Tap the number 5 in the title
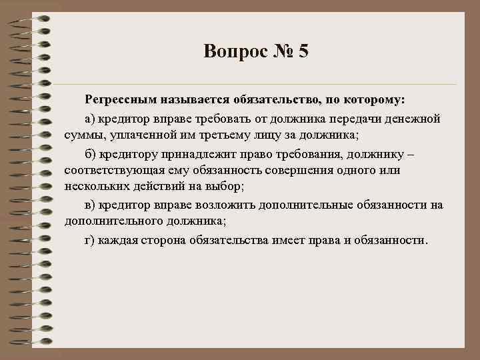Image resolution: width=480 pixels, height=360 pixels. [303, 51]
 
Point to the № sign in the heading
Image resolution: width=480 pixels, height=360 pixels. [280, 51]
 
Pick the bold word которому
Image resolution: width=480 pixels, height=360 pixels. [374, 100]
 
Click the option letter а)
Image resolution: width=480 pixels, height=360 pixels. [91, 118]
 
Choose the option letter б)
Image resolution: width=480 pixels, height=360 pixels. [91, 153]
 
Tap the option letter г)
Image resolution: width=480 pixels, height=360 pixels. [90, 239]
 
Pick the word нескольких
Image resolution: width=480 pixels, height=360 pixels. [96, 187]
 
